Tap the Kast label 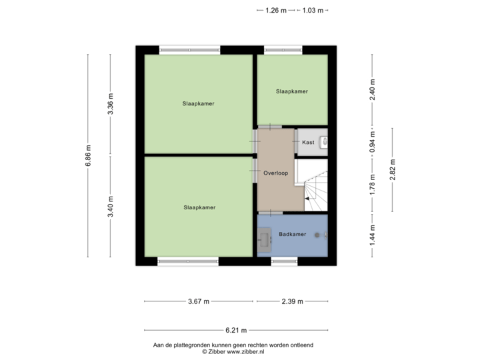tap(308, 143)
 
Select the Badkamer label tap(293, 234)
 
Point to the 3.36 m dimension tap(111, 104)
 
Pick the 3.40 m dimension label tap(111, 206)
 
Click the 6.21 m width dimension tap(236, 330)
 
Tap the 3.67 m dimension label tap(198, 301)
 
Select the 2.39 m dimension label tap(292, 301)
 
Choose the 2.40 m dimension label tap(373, 89)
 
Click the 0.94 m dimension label tap(373, 141)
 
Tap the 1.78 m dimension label tap(373, 185)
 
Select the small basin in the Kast tap(324, 141)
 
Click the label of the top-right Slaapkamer tap(292, 91)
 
